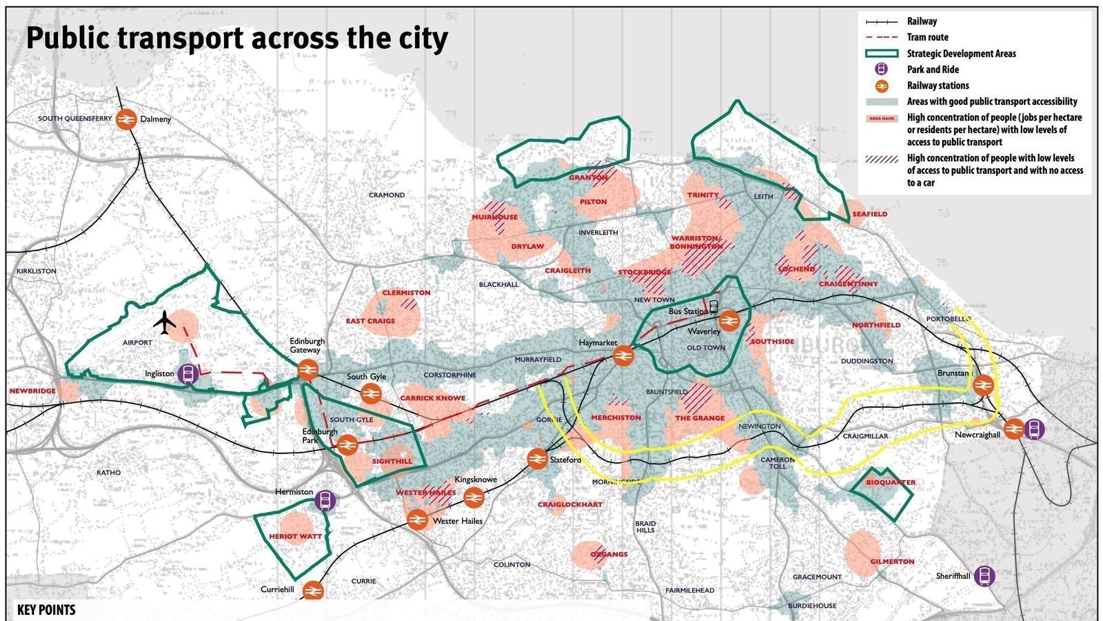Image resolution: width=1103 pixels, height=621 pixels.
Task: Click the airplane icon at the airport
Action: pos(165,322)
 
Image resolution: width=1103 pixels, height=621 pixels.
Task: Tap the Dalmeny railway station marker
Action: pos(126,119)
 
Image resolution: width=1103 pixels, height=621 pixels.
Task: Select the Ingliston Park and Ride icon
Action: pos(188,374)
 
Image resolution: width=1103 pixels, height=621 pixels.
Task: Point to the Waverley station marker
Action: pos(729,321)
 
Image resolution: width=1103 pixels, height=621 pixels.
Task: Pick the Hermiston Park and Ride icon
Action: pos(325,500)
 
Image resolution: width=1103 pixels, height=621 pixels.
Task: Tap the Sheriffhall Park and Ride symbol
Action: pos(984,576)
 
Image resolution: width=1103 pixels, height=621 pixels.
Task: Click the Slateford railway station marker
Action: pos(537,459)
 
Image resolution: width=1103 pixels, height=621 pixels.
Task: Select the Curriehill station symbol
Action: pos(312,591)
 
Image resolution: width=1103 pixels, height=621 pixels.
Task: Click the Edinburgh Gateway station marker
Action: pos(307,371)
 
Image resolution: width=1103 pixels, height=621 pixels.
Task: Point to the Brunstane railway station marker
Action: pos(983,385)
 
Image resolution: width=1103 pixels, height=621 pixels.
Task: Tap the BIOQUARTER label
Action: pos(891,482)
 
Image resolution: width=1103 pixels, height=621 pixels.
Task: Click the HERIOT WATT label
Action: pos(296,536)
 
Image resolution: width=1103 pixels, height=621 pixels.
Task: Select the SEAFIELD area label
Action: pos(869,214)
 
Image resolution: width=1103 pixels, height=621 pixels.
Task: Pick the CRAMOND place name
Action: pos(387,195)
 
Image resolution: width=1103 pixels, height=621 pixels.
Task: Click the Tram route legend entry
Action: pos(927,37)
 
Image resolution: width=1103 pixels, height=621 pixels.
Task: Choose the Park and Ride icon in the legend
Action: pos(881,70)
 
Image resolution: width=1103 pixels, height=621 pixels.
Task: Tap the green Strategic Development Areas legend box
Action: pos(882,54)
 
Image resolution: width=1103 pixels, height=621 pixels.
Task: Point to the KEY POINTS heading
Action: pos(46,610)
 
